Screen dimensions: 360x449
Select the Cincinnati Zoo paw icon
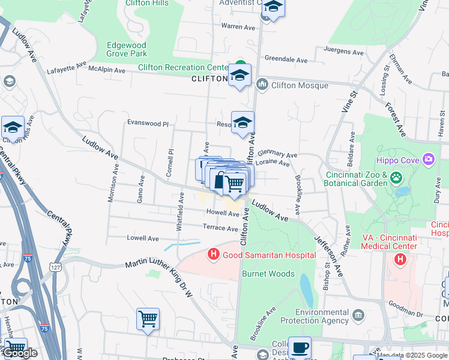396,178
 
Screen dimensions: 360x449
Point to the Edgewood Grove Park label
127,49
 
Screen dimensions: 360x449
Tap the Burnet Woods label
268,274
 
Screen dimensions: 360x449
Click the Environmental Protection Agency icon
358,315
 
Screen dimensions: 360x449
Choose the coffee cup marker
300,347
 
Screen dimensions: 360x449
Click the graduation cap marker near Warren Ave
273,7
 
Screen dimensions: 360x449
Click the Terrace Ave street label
220,228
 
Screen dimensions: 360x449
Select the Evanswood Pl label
148,123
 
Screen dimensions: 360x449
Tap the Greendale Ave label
286,60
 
